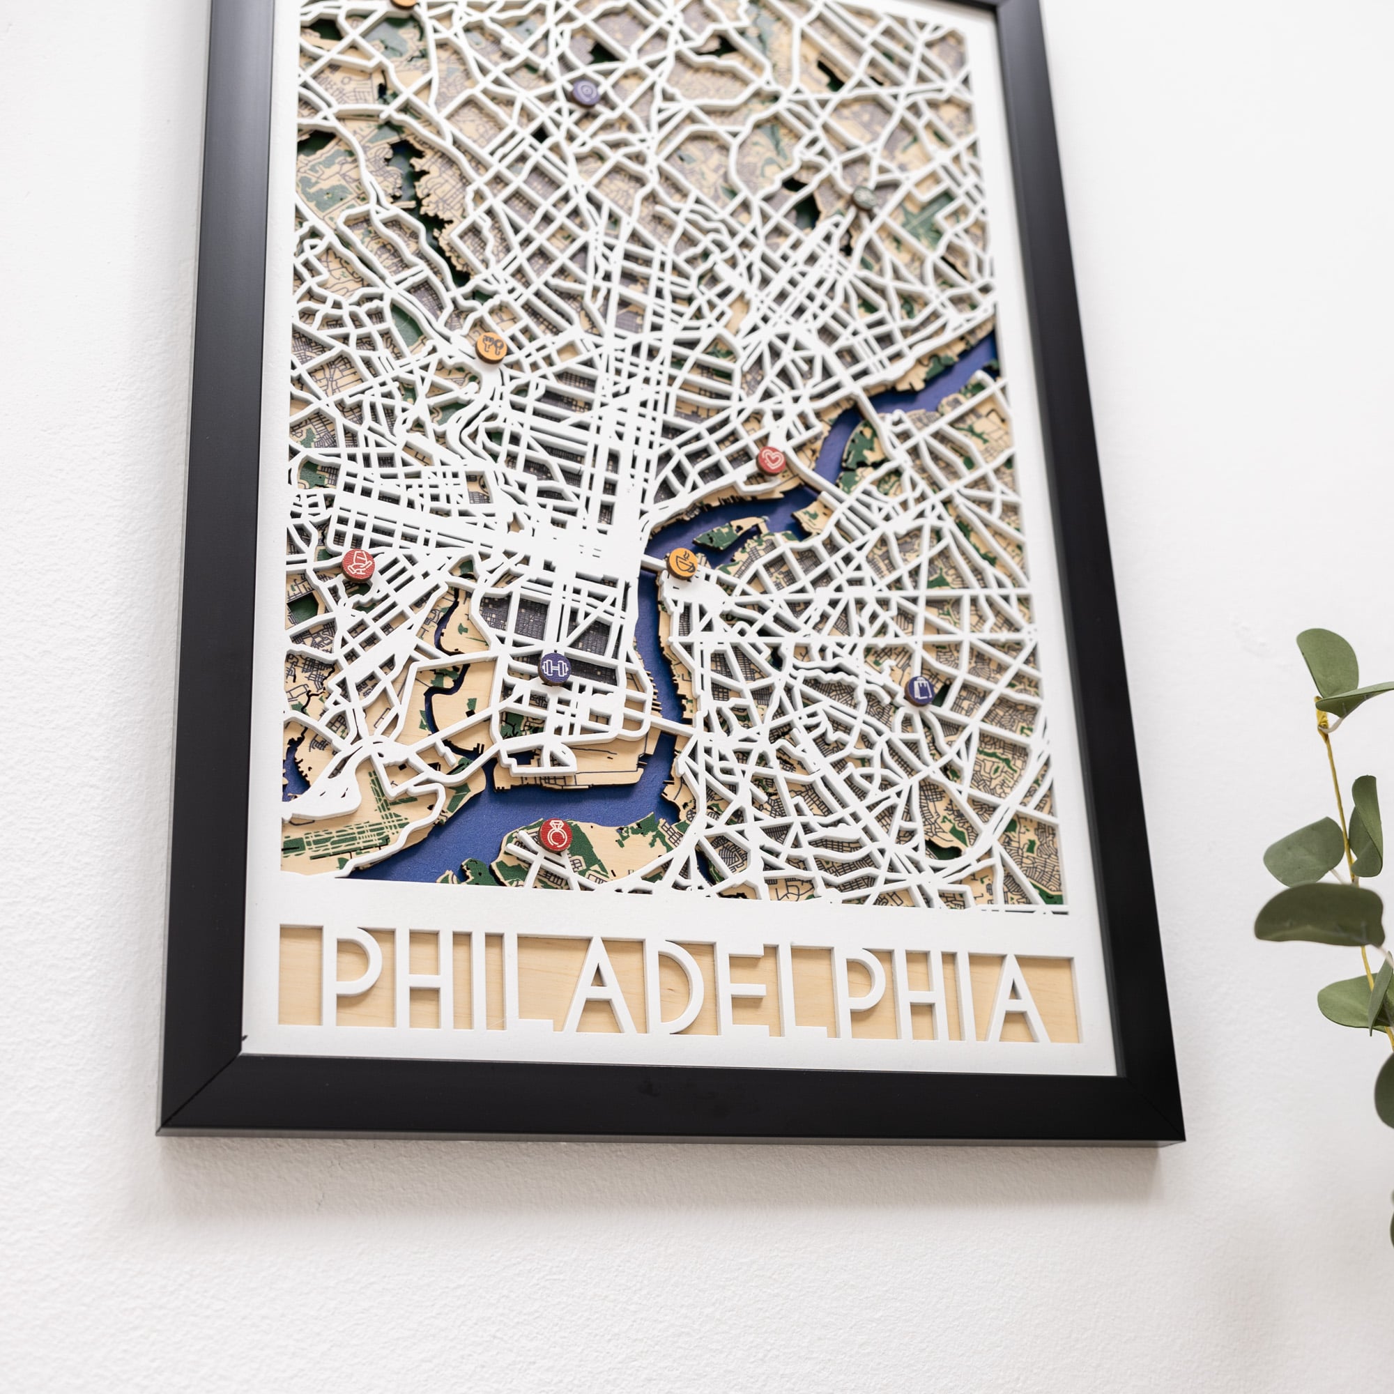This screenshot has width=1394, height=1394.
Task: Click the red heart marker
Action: point(772,459)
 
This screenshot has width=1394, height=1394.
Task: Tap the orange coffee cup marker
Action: point(681,563)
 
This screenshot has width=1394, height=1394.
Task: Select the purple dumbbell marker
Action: point(555,667)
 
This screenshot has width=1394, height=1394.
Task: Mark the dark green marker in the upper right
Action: point(864,197)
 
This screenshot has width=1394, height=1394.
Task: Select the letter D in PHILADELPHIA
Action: point(696,989)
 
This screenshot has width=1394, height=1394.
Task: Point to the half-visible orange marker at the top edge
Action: point(404,3)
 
